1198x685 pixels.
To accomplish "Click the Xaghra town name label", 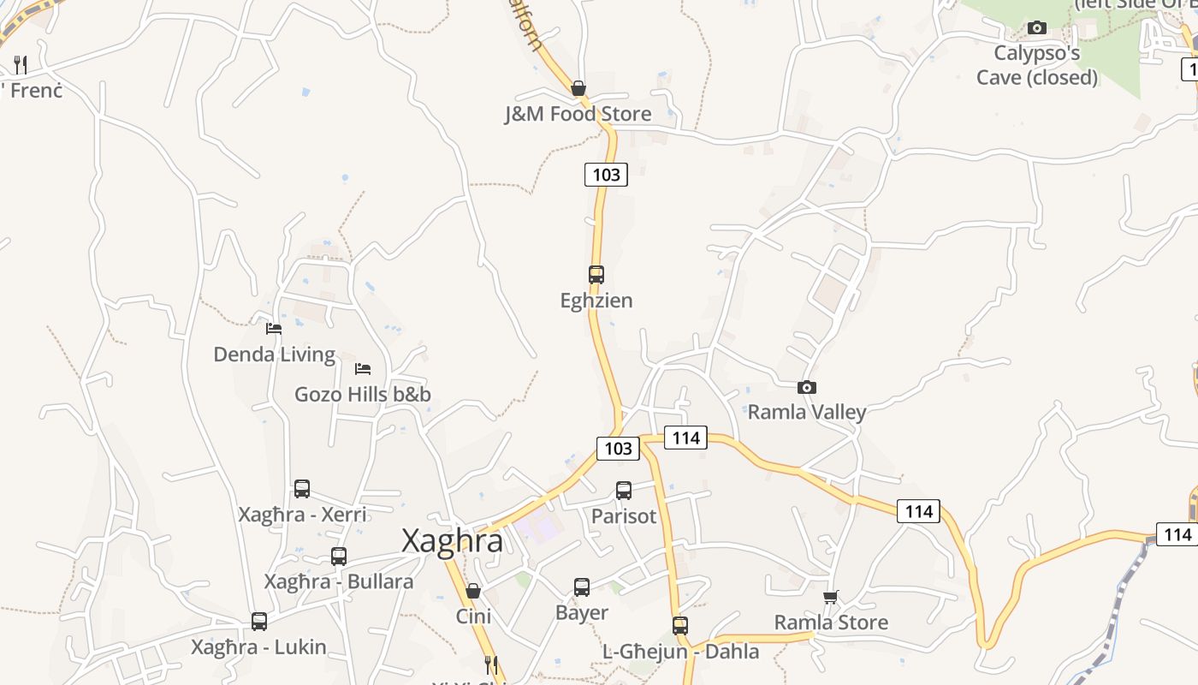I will pos(453,541).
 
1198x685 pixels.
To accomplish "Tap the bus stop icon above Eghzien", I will pos(596,275).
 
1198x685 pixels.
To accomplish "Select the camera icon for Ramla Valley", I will pos(806,388).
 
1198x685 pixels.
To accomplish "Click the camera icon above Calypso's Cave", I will pos(1037,28).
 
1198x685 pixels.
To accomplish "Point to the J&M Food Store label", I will pos(578,114).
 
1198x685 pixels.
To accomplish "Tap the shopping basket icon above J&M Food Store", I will pos(578,88).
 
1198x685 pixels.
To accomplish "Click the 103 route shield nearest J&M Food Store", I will pos(606,175).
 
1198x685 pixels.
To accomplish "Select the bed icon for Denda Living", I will pos(274,328).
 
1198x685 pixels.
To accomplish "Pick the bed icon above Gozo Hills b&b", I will pos(363,369).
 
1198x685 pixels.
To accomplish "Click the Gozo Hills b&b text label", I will pos(363,395).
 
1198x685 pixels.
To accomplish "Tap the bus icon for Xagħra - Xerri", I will pos(302,489).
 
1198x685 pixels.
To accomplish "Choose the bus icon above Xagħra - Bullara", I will pos(339,557).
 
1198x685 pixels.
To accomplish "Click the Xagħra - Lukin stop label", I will pos(258,647).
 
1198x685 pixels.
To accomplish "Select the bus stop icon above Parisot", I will pos(624,491).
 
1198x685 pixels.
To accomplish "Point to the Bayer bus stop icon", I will pos(582,587).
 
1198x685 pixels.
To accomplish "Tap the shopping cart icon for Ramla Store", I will pos(830,597).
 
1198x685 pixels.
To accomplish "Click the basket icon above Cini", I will pos(473,591).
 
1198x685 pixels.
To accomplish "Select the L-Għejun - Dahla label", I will pos(681,652).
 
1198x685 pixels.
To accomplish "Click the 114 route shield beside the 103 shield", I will pos(686,438).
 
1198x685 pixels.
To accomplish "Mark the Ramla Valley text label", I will pos(807,412).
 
